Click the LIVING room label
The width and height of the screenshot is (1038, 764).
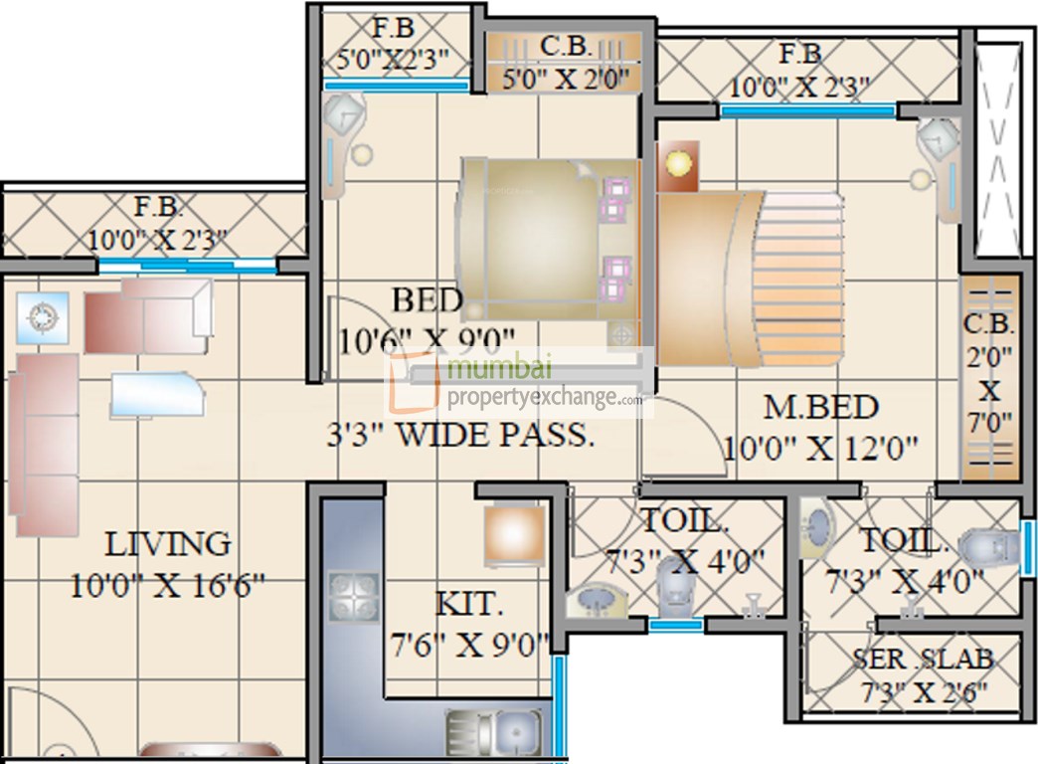coord(167,545)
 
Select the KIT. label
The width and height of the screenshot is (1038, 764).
coord(468,604)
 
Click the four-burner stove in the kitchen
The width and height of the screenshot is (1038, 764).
coord(349,597)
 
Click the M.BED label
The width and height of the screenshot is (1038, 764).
coord(820,407)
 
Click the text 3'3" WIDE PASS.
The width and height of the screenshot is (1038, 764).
coord(461,436)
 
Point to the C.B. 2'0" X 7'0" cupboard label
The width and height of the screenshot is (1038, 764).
coord(988,373)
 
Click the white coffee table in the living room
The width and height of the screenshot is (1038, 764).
coord(157,393)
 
